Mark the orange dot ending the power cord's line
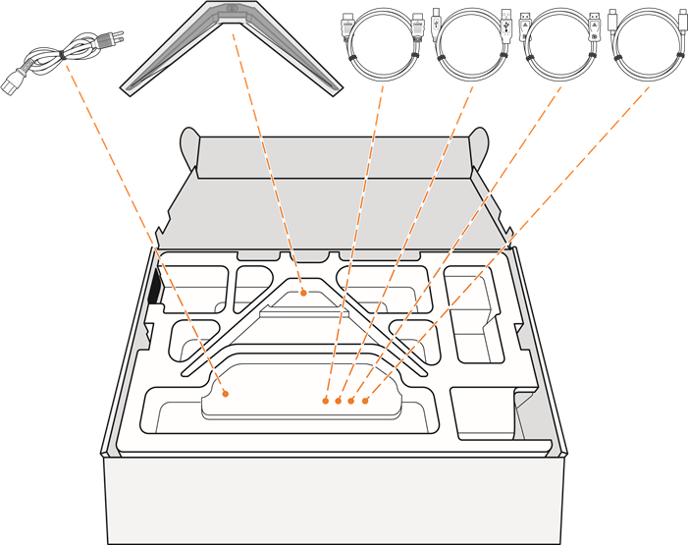click(x=227, y=393)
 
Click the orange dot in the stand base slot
click(x=304, y=292)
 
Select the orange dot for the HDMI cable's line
click(x=327, y=400)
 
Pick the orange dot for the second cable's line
click(x=339, y=400)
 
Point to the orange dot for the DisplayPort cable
click(x=351, y=401)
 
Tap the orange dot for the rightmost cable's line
click(x=364, y=401)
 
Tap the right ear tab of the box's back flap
click(x=483, y=143)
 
